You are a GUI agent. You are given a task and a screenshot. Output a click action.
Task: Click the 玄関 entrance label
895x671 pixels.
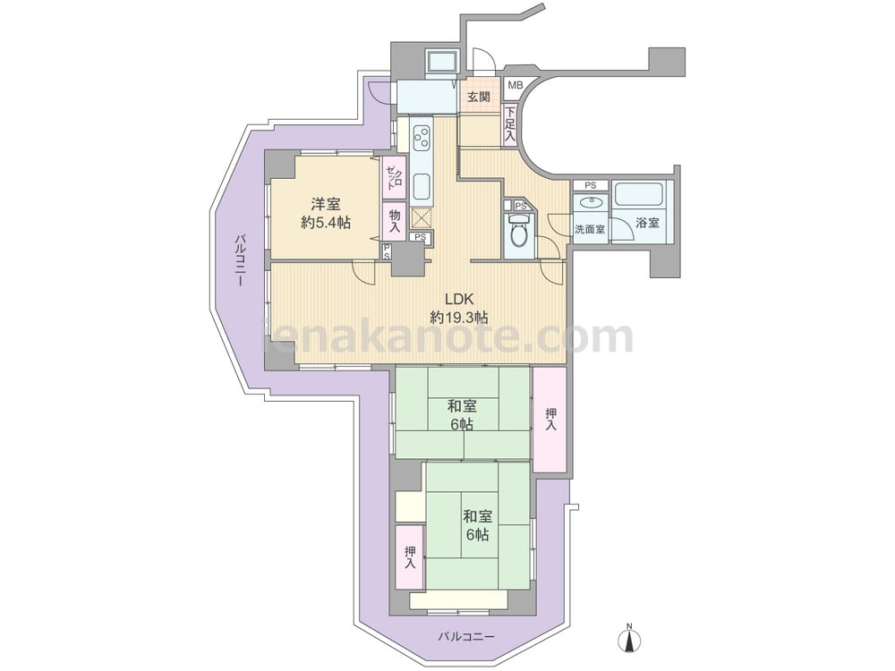coord(479,97)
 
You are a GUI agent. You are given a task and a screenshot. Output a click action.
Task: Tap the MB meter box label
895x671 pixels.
coord(515,86)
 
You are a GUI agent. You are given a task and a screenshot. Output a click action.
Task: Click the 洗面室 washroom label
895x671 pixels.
coord(590,229)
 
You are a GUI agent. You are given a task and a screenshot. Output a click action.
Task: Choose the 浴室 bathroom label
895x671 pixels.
coord(647,223)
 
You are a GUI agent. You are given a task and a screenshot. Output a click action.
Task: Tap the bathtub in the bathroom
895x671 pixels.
coord(639,193)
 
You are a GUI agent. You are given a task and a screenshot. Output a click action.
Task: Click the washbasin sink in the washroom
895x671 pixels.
coord(592,202)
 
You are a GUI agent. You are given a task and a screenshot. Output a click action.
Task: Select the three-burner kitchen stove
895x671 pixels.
coord(422,138)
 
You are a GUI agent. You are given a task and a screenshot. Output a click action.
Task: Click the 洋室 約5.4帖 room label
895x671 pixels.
coord(326,213)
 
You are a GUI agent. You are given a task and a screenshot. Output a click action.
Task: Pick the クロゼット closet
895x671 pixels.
coord(394,177)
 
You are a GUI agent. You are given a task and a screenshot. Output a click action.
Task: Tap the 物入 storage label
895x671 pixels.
coord(395,221)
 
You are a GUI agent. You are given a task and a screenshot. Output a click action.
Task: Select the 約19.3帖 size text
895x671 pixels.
coord(459,318)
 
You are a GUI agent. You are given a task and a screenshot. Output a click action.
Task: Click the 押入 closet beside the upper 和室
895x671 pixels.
coord(550,420)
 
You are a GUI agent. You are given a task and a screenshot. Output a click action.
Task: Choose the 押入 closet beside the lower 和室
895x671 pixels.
coord(411,557)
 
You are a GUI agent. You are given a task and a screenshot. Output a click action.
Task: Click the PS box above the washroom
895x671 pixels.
coord(590,185)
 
